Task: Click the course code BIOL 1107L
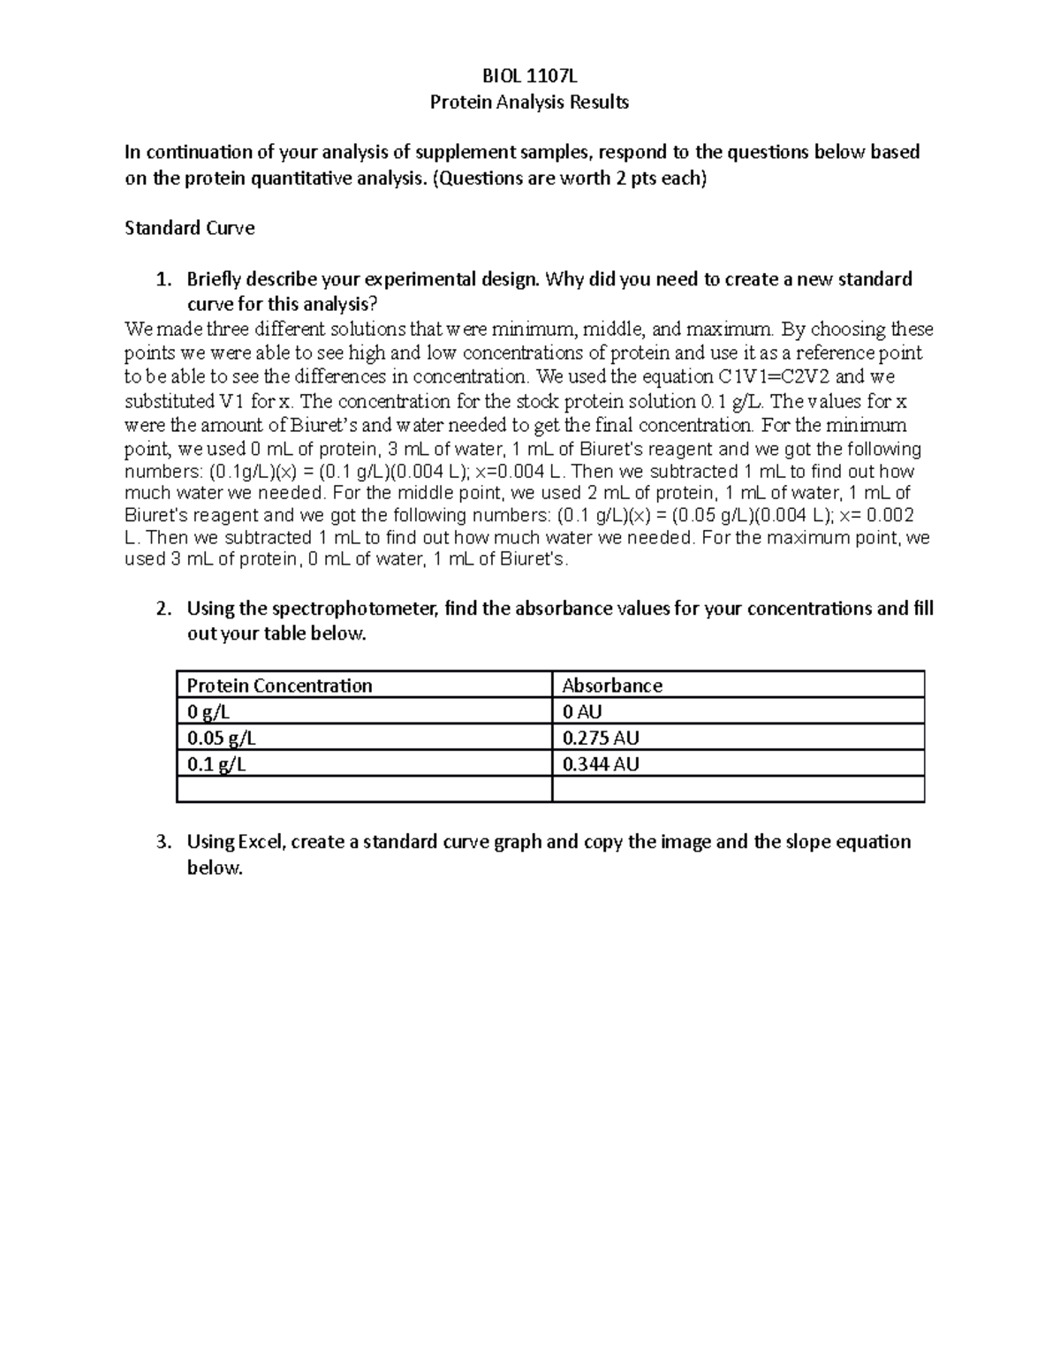(529, 76)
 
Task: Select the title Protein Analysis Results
(529, 102)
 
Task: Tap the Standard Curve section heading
(189, 228)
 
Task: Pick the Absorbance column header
(611, 686)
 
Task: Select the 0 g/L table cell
(208, 712)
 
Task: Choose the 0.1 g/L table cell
(216, 763)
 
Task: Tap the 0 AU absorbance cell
(582, 712)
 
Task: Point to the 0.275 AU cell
(600, 738)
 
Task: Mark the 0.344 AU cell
(600, 763)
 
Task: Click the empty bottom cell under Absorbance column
(738, 789)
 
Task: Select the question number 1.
(162, 279)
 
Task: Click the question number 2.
(162, 609)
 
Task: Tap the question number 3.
(162, 842)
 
